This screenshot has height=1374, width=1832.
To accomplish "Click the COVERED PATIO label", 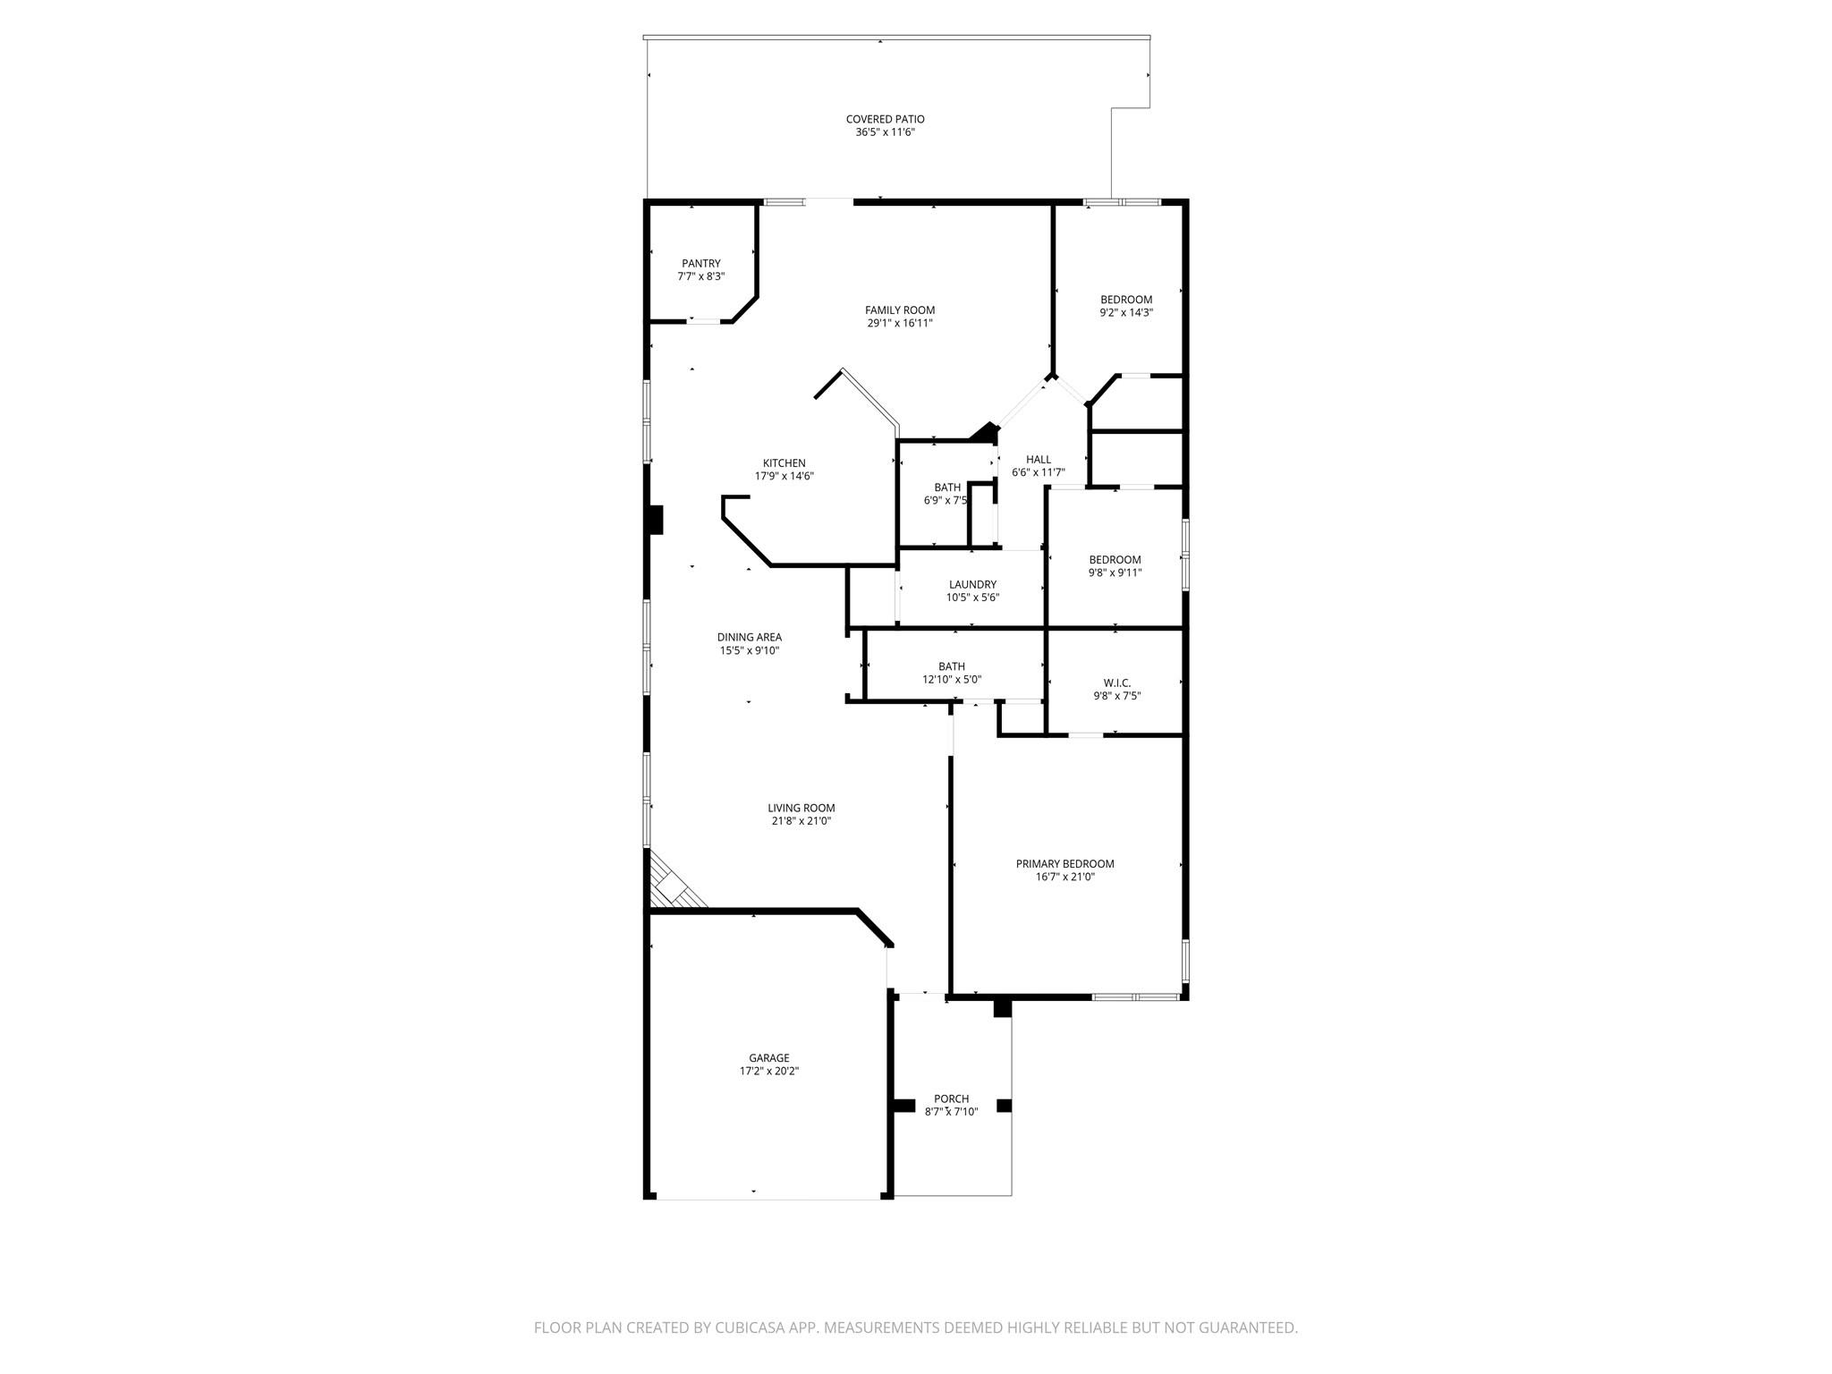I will (885, 119).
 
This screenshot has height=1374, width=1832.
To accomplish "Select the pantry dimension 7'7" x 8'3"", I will (700, 276).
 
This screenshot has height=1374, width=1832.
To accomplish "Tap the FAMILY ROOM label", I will (899, 310).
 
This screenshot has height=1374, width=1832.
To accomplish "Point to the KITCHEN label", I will (784, 463).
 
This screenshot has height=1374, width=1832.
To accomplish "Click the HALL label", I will (1038, 460).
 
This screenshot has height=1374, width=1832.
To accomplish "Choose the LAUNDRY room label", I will (972, 585).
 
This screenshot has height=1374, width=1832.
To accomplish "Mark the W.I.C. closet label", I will (1116, 683).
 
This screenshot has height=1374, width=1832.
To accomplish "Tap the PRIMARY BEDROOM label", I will (1064, 864).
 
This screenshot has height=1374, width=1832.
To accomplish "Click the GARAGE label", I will (768, 1058).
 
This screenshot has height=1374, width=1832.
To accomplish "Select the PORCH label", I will (951, 1099).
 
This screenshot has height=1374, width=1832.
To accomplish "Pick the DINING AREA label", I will (749, 638).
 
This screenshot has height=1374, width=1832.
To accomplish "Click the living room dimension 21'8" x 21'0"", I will (801, 821).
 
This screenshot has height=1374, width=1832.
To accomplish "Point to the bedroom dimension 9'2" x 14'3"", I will (1125, 313).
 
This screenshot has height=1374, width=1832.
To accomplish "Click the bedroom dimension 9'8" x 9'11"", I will (1115, 573).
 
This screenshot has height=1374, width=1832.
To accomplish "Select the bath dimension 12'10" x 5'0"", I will (952, 680).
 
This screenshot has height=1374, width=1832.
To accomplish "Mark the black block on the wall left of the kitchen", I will (656, 520).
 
